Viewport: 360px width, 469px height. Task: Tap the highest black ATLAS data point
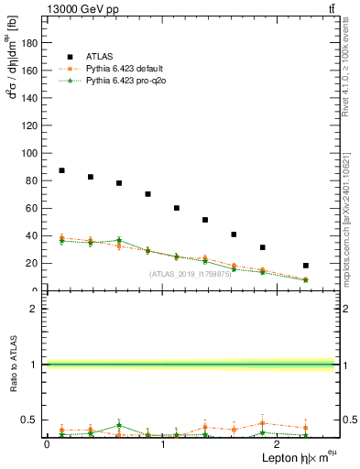[61, 170]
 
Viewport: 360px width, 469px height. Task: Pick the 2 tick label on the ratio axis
[38, 309]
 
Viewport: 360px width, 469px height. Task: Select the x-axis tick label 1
[163, 445]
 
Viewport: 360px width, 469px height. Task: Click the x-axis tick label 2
[279, 445]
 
